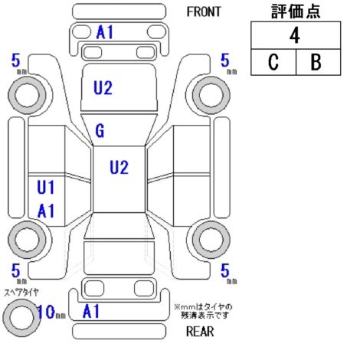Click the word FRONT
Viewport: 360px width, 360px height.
pos(204,11)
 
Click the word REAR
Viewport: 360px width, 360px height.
pos(200,332)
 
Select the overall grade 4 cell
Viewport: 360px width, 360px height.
pos(296,35)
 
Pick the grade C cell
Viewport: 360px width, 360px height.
pos(273,62)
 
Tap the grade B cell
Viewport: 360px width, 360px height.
pos(318,62)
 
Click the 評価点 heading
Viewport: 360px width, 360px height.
pos(296,11)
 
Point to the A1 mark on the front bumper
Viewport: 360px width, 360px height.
pos(105,32)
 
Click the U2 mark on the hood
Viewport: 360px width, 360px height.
pos(103,87)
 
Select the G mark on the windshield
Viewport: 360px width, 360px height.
pos(100,131)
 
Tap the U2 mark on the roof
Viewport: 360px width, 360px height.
pos(119,167)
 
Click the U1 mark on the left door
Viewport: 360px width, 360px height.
pos(46,187)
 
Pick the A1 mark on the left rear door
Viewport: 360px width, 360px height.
pos(46,211)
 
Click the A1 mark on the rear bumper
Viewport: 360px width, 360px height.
pos(91,311)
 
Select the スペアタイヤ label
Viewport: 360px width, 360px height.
pos(21,293)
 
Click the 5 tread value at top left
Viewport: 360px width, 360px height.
pos(16,61)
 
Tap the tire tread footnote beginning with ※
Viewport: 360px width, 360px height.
pos(203,311)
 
